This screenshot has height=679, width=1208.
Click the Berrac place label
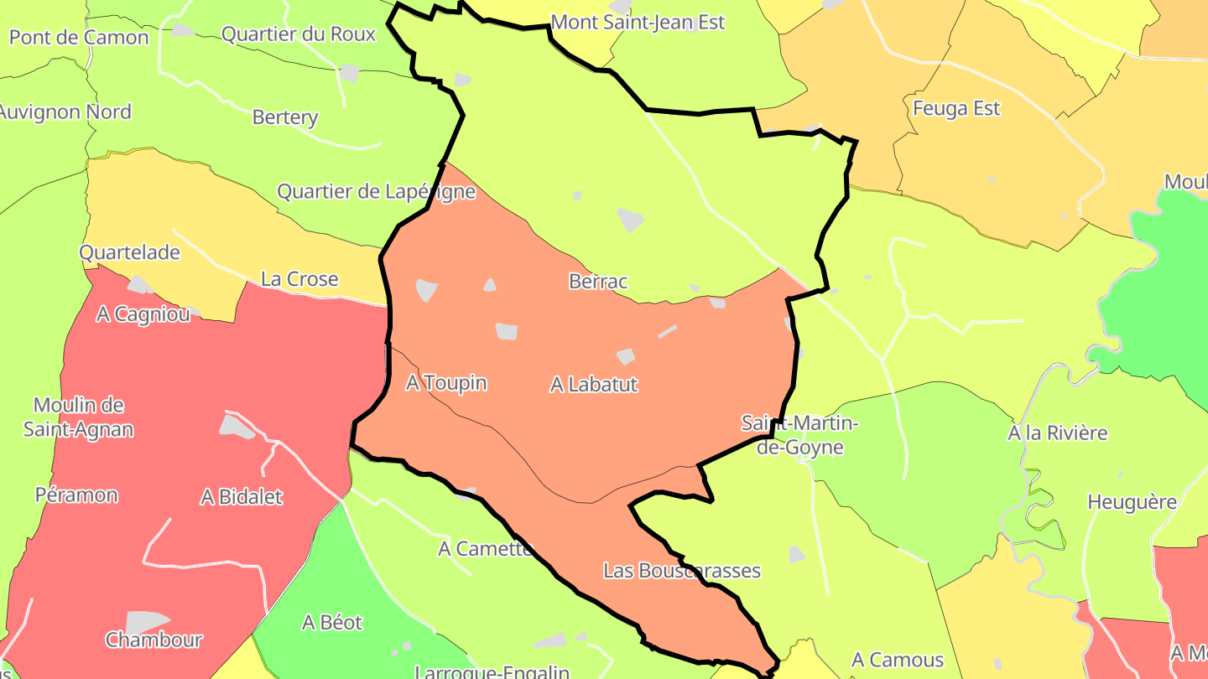pos(598,282)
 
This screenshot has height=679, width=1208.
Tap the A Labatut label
pos(594,385)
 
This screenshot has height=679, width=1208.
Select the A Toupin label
pos(446,383)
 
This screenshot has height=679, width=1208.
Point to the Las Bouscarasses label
pos(682,571)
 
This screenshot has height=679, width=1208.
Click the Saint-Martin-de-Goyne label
pos(799,435)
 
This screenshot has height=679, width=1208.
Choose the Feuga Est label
pos(956,108)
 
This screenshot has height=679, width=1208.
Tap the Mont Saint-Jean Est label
pos(638,22)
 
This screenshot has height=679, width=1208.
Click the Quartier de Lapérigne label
pos(377,192)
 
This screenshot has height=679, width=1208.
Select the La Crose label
pos(299,279)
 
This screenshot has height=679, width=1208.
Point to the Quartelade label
pos(129,252)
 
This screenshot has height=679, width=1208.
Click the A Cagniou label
pos(143,314)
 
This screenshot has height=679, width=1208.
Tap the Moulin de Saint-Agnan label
pos(78,417)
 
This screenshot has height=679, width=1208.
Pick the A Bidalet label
pos(242,497)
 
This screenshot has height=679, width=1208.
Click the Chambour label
pos(154,640)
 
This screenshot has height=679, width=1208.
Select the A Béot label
pos(332,623)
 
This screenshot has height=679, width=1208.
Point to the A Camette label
pos(486,549)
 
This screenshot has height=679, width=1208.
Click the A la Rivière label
pos(1057,433)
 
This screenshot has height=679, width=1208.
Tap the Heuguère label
pos(1132,503)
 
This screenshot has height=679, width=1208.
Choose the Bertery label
pos(285,117)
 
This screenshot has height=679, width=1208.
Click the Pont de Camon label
pos(79,38)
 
